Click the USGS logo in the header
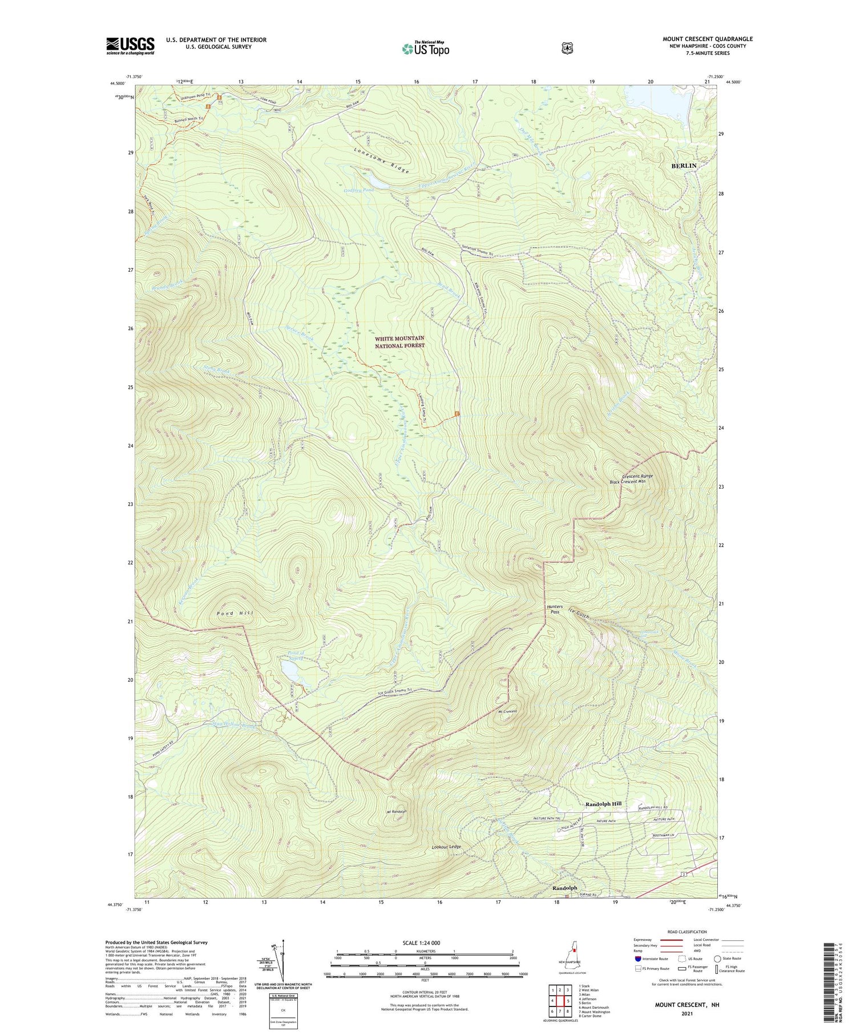click(130, 46)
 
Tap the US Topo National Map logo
click(425, 49)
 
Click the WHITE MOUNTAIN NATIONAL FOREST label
click(399, 342)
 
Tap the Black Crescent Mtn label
click(627, 481)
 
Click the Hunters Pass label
click(554, 609)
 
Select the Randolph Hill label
click(603, 804)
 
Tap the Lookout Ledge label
click(446, 847)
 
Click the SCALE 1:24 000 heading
click(425, 943)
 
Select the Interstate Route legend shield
click(637, 959)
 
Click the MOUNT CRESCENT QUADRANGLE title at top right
click(707, 39)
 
